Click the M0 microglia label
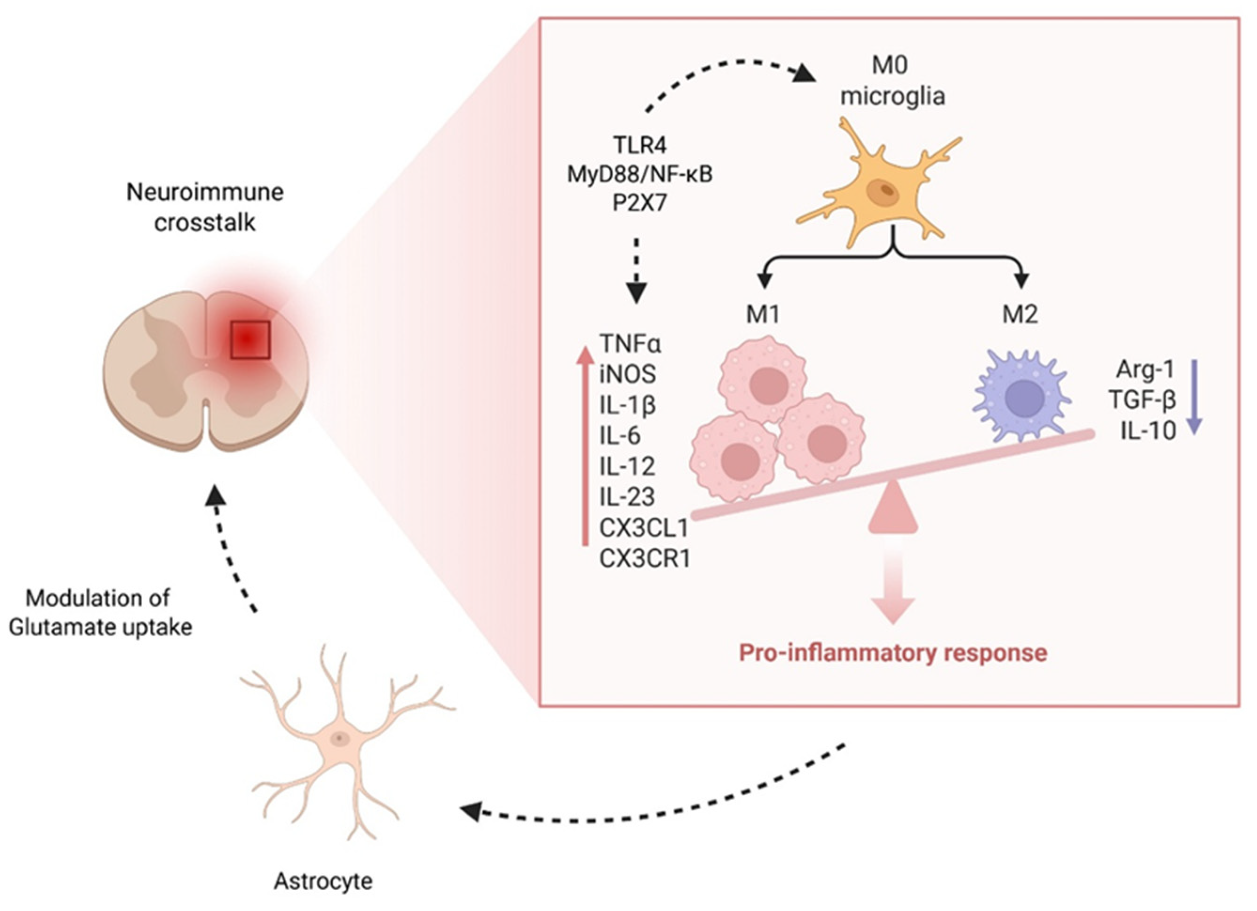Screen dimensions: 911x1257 (892, 81)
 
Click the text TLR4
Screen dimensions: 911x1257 (639, 145)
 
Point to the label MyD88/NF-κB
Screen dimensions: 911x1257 (639, 175)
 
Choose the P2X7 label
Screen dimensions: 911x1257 (639, 203)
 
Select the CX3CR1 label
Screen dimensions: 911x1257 (644, 559)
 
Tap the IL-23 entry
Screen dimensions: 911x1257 (627, 497)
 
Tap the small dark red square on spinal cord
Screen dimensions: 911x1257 (250, 339)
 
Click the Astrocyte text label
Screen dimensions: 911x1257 (323, 881)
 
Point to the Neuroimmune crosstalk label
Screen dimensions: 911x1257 (205, 207)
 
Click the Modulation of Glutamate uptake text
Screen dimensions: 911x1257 (100, 613)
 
